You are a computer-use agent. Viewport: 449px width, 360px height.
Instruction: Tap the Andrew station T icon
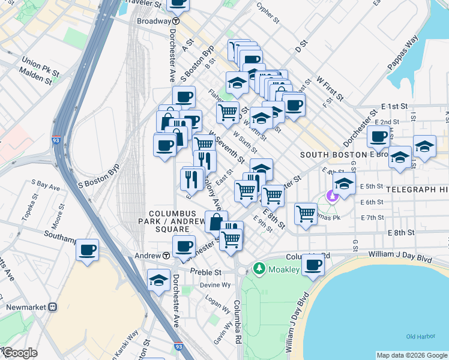(166, 255)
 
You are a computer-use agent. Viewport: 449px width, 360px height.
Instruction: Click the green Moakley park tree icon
(259, 268)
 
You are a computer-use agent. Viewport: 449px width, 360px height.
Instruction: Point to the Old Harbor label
(418, 336)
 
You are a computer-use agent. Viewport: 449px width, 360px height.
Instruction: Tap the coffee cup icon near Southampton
(88, 250)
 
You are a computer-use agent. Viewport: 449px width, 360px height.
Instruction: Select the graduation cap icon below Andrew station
(158, 280)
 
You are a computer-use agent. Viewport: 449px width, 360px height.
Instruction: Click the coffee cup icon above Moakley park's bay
(312, 265)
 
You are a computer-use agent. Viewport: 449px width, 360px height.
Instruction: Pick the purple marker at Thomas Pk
(330, 196)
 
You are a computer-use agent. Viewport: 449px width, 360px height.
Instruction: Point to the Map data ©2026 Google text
(411, 355)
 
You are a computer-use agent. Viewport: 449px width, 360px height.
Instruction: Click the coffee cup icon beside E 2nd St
(378, 137)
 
